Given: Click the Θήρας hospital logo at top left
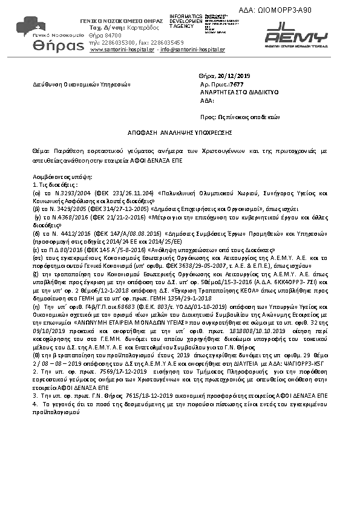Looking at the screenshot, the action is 41,35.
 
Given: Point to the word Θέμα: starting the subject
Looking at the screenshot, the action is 41,148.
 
